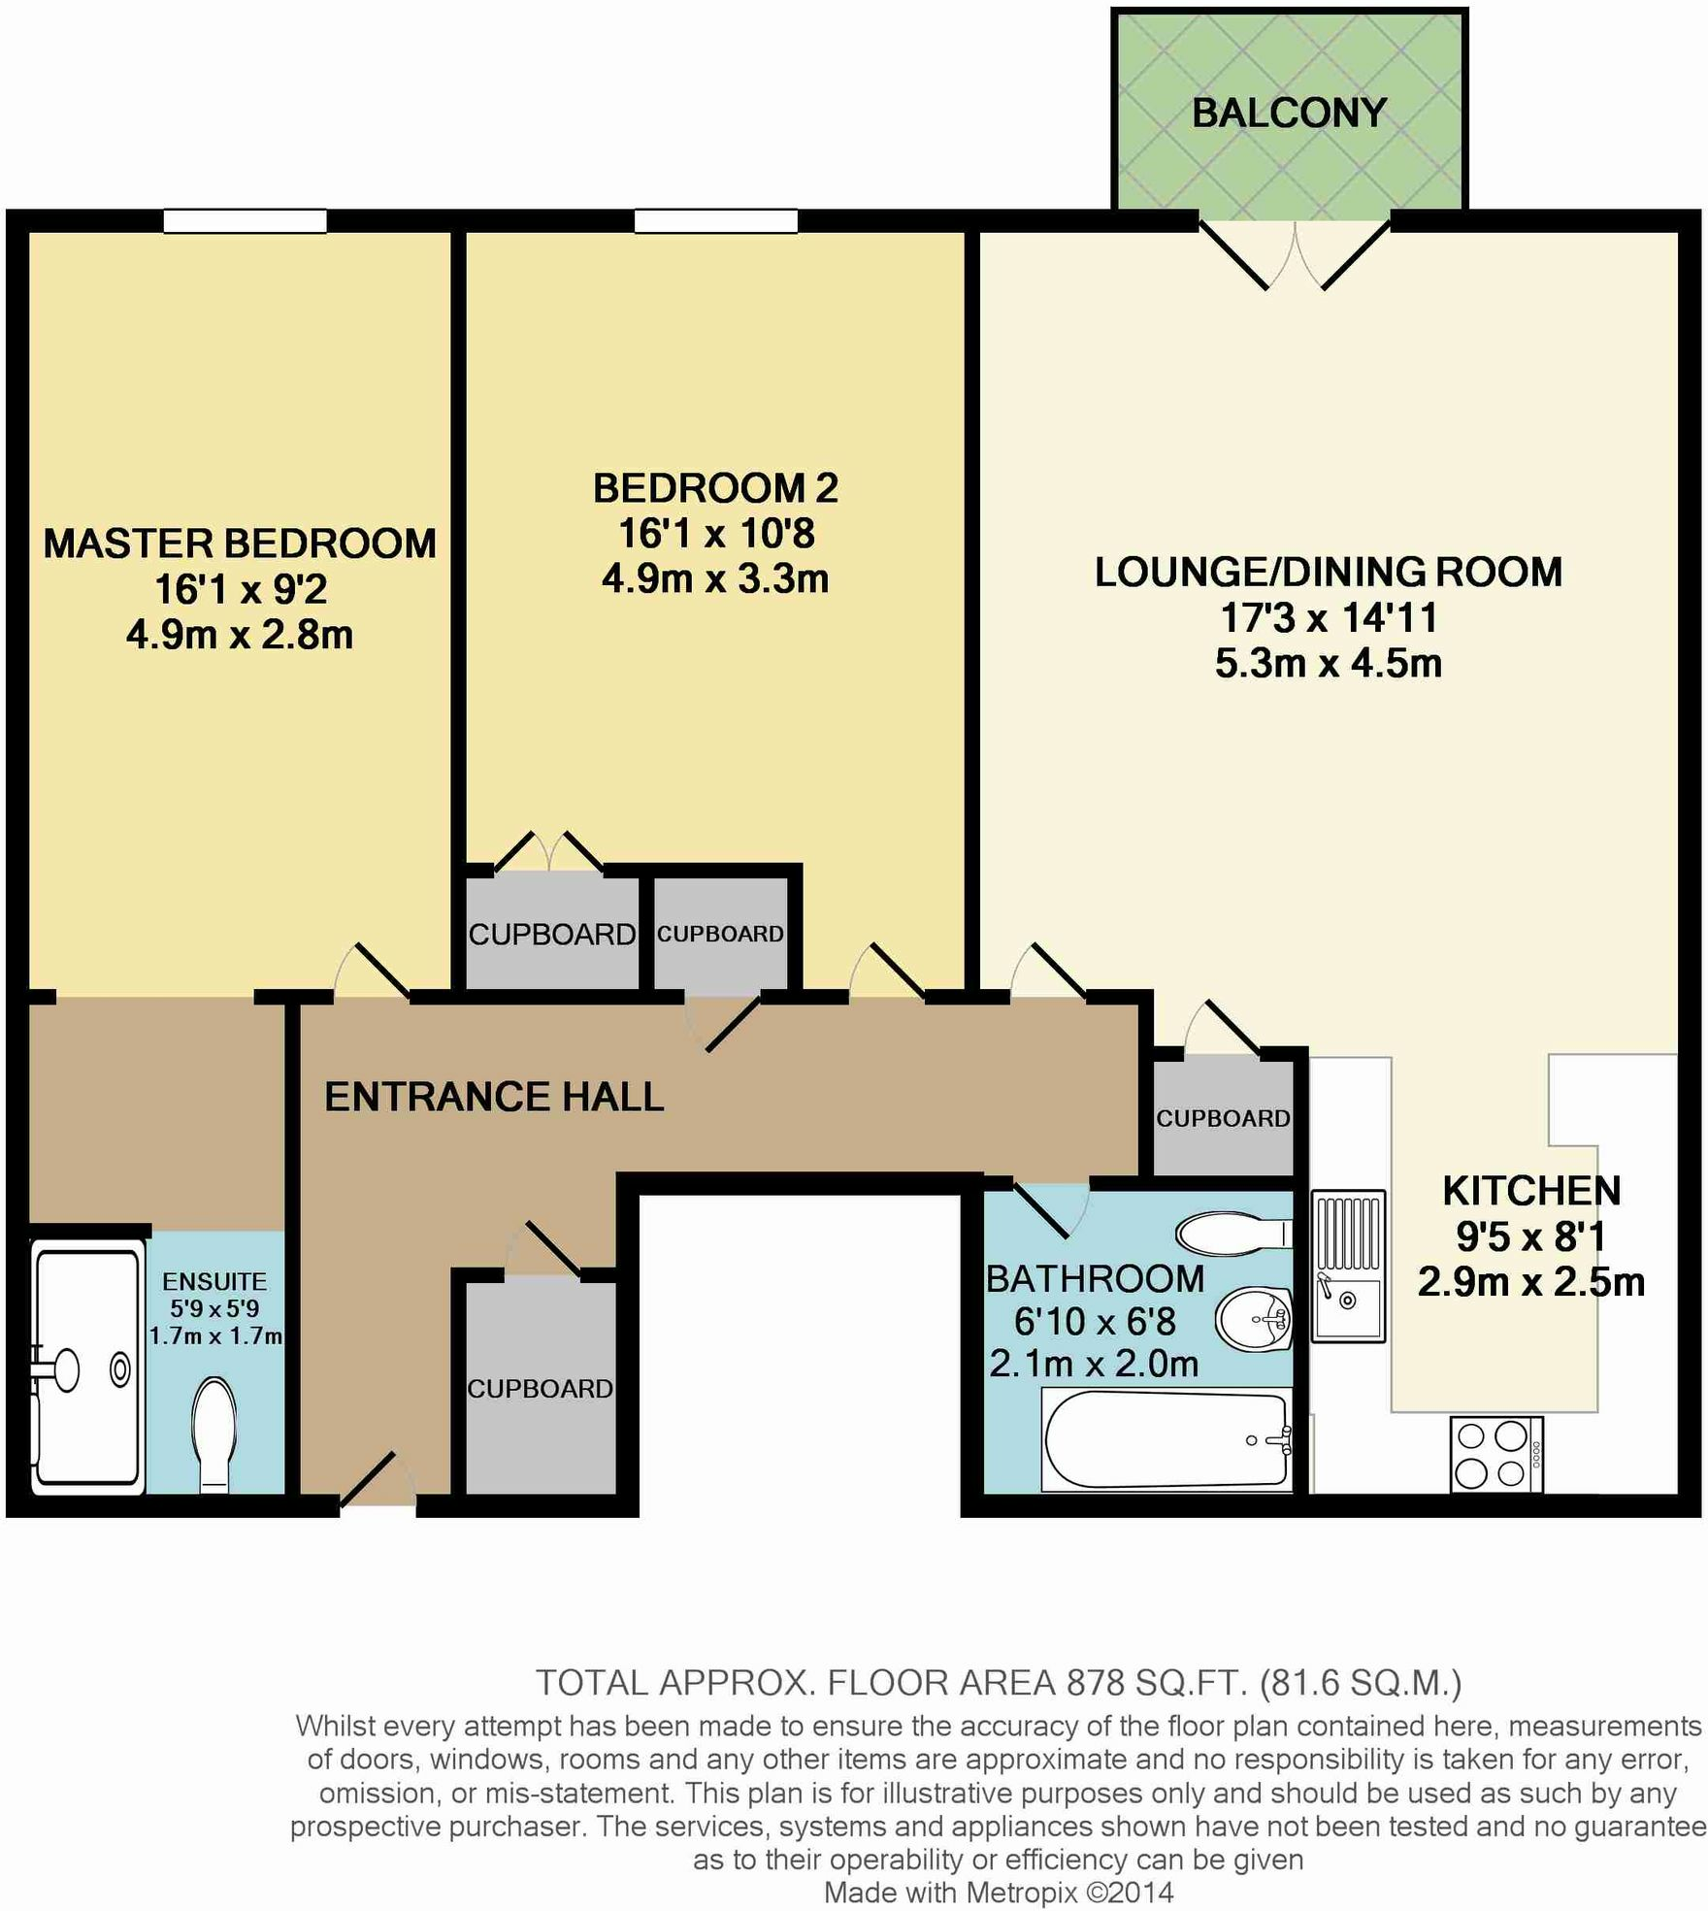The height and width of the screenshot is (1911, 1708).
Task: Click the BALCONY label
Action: coord(1288,114)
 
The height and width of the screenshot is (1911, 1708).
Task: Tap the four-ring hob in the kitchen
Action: coord(1495,1454)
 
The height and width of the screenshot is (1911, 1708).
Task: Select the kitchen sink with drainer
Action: coord(1347,1266)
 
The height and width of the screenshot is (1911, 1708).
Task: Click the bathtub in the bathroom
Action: coord(1166,1440)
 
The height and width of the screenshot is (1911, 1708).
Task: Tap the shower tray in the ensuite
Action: coord(85,1368)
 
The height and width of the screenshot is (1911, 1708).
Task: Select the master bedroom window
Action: coord(245,222)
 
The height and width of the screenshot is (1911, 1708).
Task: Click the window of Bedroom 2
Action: coord(715,222)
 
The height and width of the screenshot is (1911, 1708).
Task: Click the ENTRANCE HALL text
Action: coord(494,1097)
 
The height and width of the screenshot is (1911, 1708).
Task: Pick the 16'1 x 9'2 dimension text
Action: coord(241,589)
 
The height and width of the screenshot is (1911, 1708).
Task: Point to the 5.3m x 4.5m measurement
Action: coord(1328,664)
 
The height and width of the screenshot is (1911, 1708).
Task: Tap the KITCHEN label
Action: coord(1530,1191)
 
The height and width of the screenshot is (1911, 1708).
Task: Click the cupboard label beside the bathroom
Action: coord(1223,1118)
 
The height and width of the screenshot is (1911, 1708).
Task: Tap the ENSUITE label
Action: coord(214,1281)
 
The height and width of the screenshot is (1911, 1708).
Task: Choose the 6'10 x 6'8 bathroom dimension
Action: coord(1095,1322)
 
